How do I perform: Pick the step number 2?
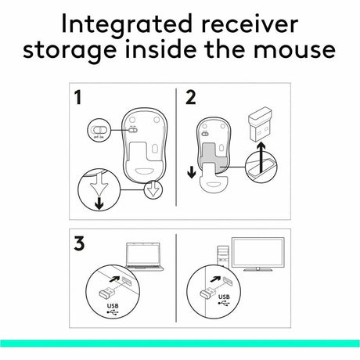(190, 100)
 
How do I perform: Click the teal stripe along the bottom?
(180, 342)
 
